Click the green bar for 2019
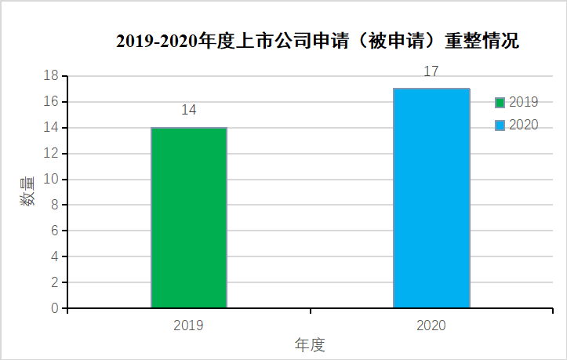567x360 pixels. (189, 218)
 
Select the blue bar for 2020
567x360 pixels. (431, 198)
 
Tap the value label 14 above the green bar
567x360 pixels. (189, 110)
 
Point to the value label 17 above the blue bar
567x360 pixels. (431, 71)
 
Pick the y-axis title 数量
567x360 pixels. (28, 191)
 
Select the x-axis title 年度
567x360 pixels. (310, 344)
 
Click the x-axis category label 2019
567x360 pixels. (189, 324)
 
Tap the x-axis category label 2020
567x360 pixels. (431, 324)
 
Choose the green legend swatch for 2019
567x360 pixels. (500, 102)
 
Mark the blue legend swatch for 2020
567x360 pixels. (500, 125)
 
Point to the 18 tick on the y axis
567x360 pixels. (51, 76)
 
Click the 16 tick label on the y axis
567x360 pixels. (51, 102)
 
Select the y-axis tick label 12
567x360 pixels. (51, 154)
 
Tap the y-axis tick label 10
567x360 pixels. (51, 180)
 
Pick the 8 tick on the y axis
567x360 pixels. (55, 205)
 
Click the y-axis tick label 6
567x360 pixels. (55, 231)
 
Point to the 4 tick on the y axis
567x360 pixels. (55, 256)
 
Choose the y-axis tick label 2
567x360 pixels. (55, 282)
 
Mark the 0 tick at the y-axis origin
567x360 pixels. (55, 308)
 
